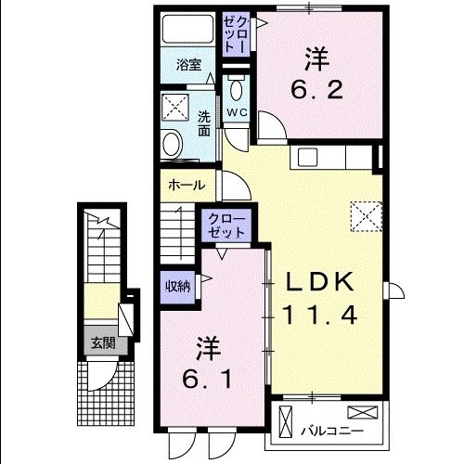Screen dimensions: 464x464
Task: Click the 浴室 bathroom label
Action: point(189,65)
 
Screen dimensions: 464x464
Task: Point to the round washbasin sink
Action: point(171,143)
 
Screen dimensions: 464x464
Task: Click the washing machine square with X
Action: point(173,106)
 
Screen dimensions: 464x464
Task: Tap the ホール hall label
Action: point(186,185)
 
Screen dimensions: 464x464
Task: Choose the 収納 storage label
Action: point(177,285)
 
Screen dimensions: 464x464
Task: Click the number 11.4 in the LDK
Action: point(321,315)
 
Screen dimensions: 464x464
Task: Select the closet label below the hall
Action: point(226,224)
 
